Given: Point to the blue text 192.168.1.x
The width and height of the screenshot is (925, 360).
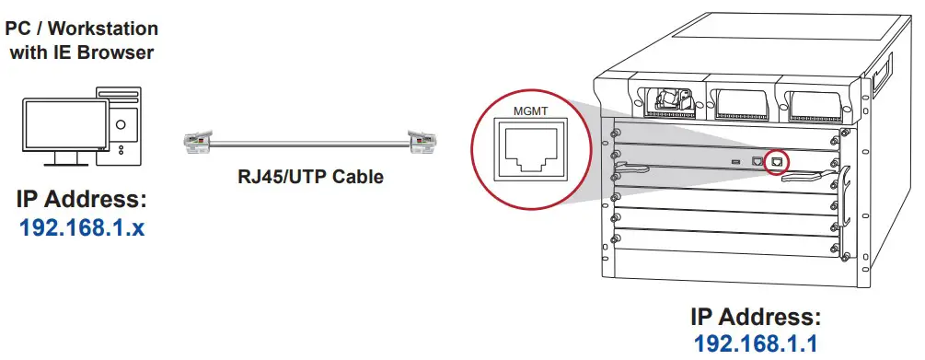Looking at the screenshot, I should coord(82,227).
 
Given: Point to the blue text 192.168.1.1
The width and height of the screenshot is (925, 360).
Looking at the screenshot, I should coord(755,344).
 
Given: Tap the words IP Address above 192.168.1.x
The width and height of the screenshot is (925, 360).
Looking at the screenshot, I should coord(82,201).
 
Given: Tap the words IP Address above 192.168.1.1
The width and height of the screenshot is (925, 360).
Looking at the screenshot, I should coord(755,318).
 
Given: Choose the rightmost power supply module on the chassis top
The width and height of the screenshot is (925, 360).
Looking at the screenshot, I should coord(814,96).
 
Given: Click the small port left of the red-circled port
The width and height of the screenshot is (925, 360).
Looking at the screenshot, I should coord(757,160).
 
